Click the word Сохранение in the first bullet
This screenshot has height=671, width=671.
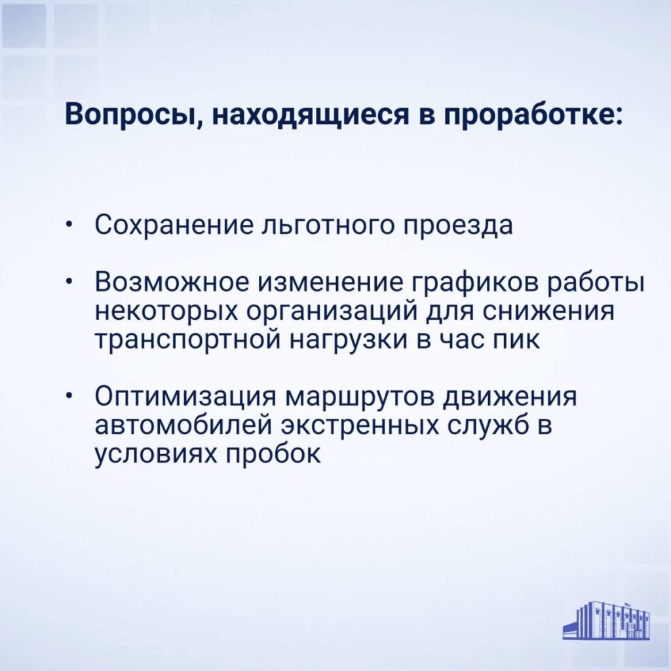[x=174, y=225]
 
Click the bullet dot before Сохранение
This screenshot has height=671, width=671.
[x=69, y=225]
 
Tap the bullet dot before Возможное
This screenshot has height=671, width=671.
[x=69, y=282]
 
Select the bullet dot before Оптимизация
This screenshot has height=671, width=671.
[x=69, y=396]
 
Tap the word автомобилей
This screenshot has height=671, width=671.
[x=183, y=425]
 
